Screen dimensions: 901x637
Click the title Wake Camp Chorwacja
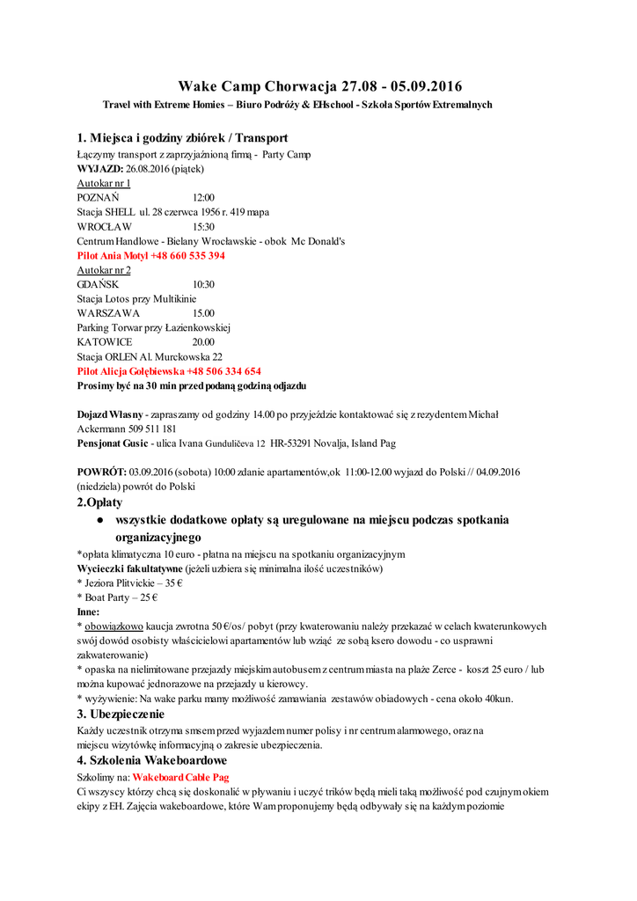pos(264,86)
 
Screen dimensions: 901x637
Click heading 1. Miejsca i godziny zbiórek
pos(182,138)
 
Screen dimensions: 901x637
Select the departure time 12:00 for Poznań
pos(203,198)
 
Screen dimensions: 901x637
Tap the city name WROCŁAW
pos(105,226)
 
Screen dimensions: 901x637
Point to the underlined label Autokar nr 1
pos(104,183)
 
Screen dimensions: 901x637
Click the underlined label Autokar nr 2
pos(104,270)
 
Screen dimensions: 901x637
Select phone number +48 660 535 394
pos(187,255)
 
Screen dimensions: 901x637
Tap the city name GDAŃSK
pos(97,284)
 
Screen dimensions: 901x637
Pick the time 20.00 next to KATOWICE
pos(203,341)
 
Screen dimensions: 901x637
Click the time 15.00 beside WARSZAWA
pos(203,313)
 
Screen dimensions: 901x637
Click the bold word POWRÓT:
pos(102,472)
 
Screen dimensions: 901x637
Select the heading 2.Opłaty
pos(100,502)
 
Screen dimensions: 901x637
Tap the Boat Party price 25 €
pos(147,597)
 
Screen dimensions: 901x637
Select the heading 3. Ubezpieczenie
pos(121,714)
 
